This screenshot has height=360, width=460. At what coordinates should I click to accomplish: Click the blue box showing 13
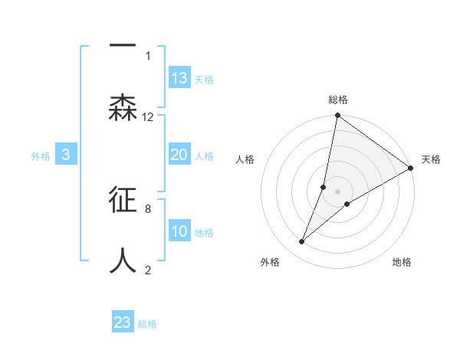[x=179, y=78]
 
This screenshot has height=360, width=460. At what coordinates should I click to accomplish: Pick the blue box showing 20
[x=179, y=155]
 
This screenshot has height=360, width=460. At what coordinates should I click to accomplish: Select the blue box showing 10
[x=179, y=231]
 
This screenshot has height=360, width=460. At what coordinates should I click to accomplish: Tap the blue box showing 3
[x=66, y=155]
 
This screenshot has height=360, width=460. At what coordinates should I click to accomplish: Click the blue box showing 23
[x=123, y=322]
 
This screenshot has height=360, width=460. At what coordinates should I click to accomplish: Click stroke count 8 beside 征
[x=147, y=208]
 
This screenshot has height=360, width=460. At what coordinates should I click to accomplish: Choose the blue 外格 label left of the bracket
[x=41, y=156]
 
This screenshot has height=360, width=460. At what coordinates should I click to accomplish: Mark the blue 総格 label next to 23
[x=147, y=324]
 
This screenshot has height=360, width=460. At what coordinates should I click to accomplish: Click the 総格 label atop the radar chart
[x=338, y=100]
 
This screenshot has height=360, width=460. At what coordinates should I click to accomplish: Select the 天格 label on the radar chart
[x=431, y=159]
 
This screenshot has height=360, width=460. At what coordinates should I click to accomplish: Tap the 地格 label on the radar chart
[x=402, y=262]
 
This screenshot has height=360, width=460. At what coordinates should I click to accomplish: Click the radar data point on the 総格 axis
[x=337, y=116]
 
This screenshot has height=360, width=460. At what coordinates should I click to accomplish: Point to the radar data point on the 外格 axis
[x=301, y=242]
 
